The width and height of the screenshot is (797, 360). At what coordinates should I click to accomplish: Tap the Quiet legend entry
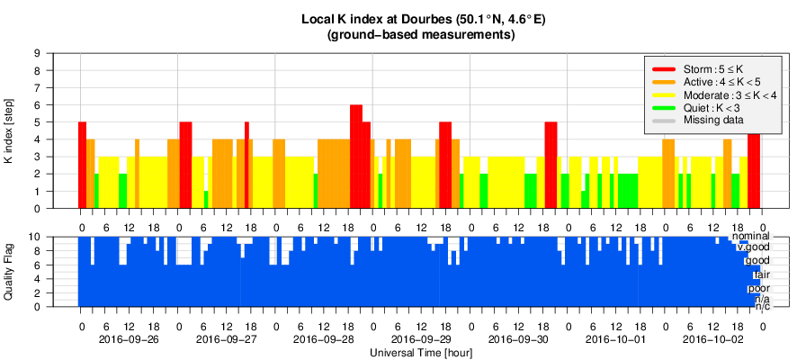[711, 107]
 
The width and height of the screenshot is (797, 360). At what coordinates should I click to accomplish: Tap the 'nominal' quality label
[750, 236]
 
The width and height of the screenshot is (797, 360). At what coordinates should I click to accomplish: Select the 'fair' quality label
[761, 274]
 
